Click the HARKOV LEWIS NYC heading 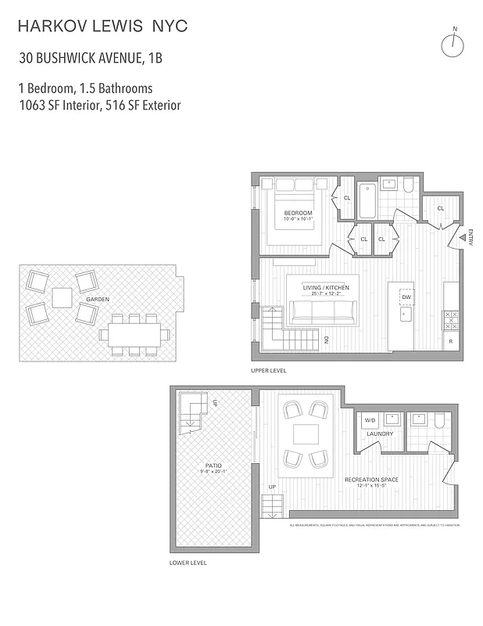102,27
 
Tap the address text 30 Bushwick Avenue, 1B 91,58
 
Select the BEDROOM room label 298,214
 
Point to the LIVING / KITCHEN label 326,288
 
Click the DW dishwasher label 406,297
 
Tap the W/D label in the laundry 370,420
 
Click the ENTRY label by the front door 470,239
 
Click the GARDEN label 98,299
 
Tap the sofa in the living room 324,312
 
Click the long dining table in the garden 134,335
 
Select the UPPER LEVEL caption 268,370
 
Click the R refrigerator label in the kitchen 450,342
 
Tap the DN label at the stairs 327,340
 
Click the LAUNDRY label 379,433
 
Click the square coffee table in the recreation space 306,434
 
